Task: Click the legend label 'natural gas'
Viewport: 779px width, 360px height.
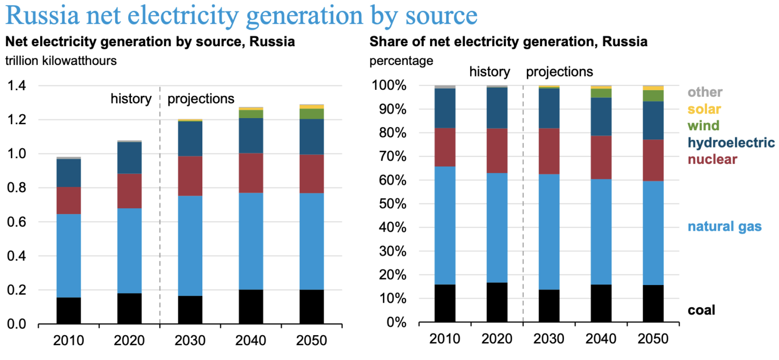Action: coord(724,226)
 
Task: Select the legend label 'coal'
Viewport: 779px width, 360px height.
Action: coord(701,310)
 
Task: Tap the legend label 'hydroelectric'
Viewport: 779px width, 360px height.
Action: coord(731,142)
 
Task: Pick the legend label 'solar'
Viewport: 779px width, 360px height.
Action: coord(704,109)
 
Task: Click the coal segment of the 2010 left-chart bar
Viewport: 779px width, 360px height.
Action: coord(68,310)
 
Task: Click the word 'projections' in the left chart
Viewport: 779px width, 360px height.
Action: coord(201,98)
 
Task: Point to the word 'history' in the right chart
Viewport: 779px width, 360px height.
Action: coord(489,72)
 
